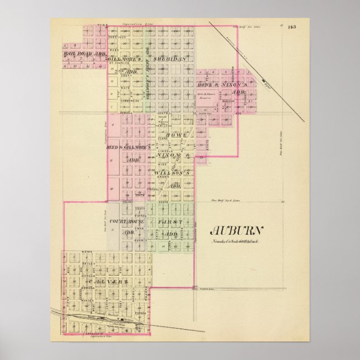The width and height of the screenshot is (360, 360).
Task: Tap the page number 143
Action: click(x=292, y=27)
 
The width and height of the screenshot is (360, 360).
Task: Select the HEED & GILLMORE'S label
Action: click(x=126, y=147)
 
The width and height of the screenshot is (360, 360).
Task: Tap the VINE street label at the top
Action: click(x=102, y=25)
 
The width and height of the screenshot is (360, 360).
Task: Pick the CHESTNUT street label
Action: click(x=122, y=38)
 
